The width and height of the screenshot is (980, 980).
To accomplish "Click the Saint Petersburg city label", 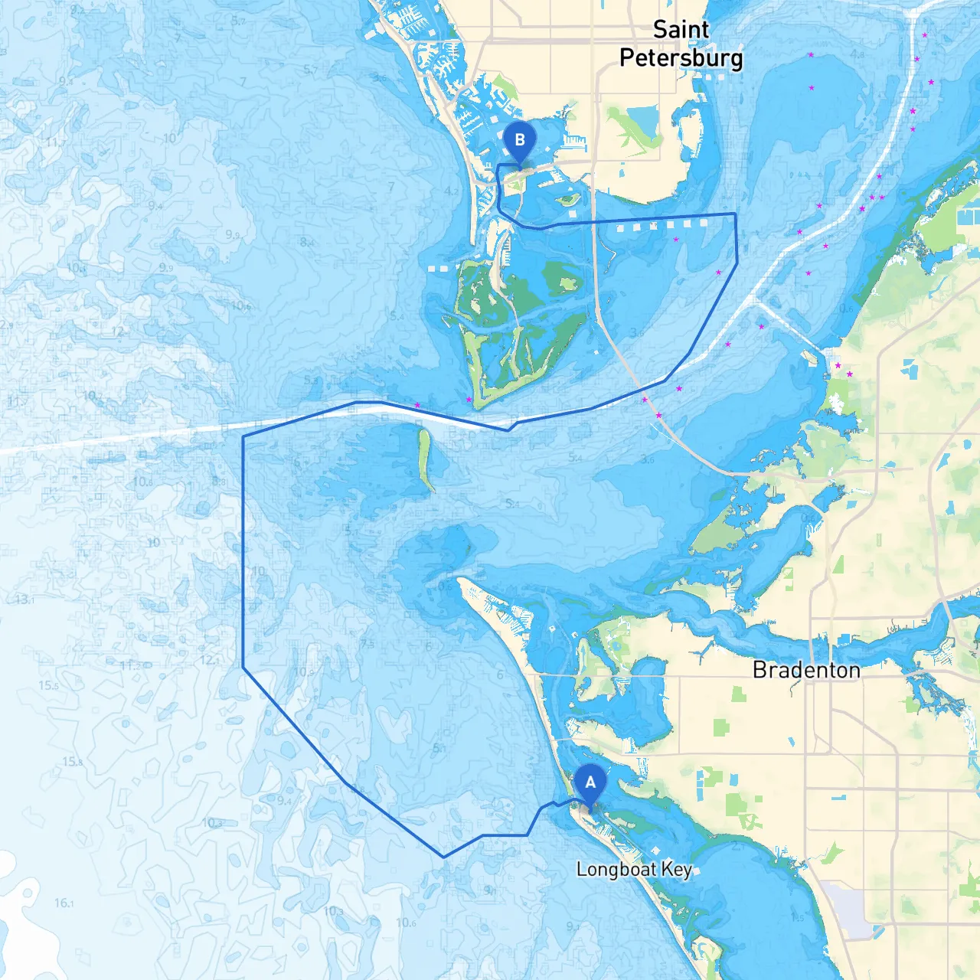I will [681, 44].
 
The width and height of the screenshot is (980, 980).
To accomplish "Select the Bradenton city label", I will [806, 670].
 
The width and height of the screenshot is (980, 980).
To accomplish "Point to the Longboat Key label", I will [634, 870].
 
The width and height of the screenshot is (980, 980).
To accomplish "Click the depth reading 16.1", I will [64, 903].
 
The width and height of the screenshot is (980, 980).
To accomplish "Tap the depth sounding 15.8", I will [73, 762].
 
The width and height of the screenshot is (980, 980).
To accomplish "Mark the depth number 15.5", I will [49, 685].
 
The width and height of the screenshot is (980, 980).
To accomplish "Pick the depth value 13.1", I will [24, 599].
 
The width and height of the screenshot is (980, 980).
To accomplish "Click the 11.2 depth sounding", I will [130, 666].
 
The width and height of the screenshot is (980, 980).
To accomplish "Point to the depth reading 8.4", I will [307, 242].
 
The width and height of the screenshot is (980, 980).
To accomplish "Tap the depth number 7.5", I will [367, 644].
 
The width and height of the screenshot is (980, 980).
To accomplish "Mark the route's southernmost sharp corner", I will [443, 857].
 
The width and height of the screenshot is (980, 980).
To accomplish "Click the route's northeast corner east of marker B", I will [735, 214].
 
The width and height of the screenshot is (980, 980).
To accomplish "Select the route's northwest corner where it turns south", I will [243, 436].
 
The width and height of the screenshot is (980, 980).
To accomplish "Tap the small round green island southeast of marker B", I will [567, 201].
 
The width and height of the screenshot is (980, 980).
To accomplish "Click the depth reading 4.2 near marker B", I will [452, 191].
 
